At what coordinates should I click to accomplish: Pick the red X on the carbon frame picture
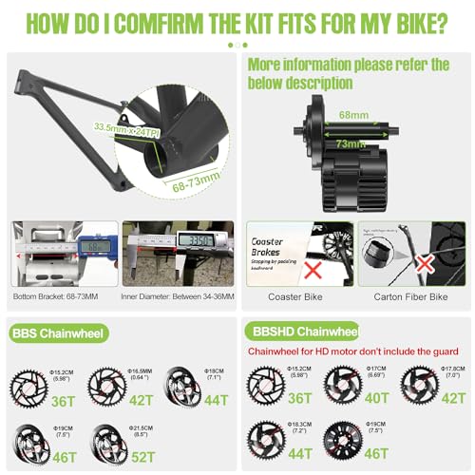(423, 259)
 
